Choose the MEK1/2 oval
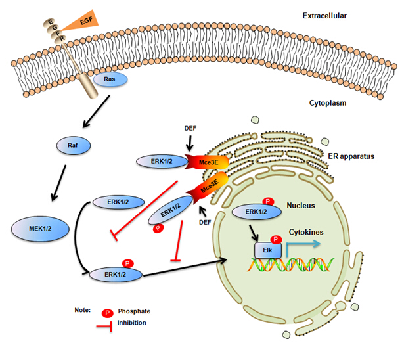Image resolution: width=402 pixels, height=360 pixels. (41, 227)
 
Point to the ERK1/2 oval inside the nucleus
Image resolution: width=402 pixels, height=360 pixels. (254, 212)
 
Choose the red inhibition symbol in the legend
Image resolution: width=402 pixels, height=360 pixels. (107, 325)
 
